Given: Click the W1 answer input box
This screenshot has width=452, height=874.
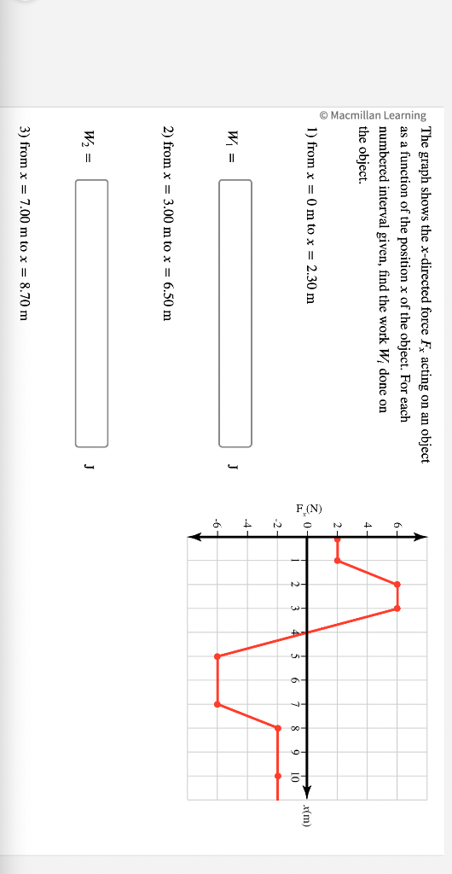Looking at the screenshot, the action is click(x=235, y=312).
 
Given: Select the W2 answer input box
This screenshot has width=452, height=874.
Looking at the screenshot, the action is click(x=92, y=312).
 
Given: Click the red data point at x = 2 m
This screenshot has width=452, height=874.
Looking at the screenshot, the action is click(x=397, y=585).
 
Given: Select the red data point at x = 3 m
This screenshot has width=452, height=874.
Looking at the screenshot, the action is click(x=397, y=609).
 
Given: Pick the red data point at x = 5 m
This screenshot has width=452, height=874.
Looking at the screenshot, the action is click(x=217, y=656).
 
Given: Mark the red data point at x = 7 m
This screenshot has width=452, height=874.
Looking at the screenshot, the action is click(x=217, y=704).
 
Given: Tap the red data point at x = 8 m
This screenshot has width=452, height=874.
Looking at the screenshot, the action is click(x=277, y=728).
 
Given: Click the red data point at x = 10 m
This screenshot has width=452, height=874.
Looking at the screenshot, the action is click(x=277, y=776).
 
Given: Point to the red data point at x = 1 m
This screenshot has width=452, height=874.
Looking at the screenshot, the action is click(x=338, y=561).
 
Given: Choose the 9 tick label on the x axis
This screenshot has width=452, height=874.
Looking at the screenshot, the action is click(x=294, y=752).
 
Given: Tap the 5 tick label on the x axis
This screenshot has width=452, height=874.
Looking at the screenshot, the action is click(x=294, y=656).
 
